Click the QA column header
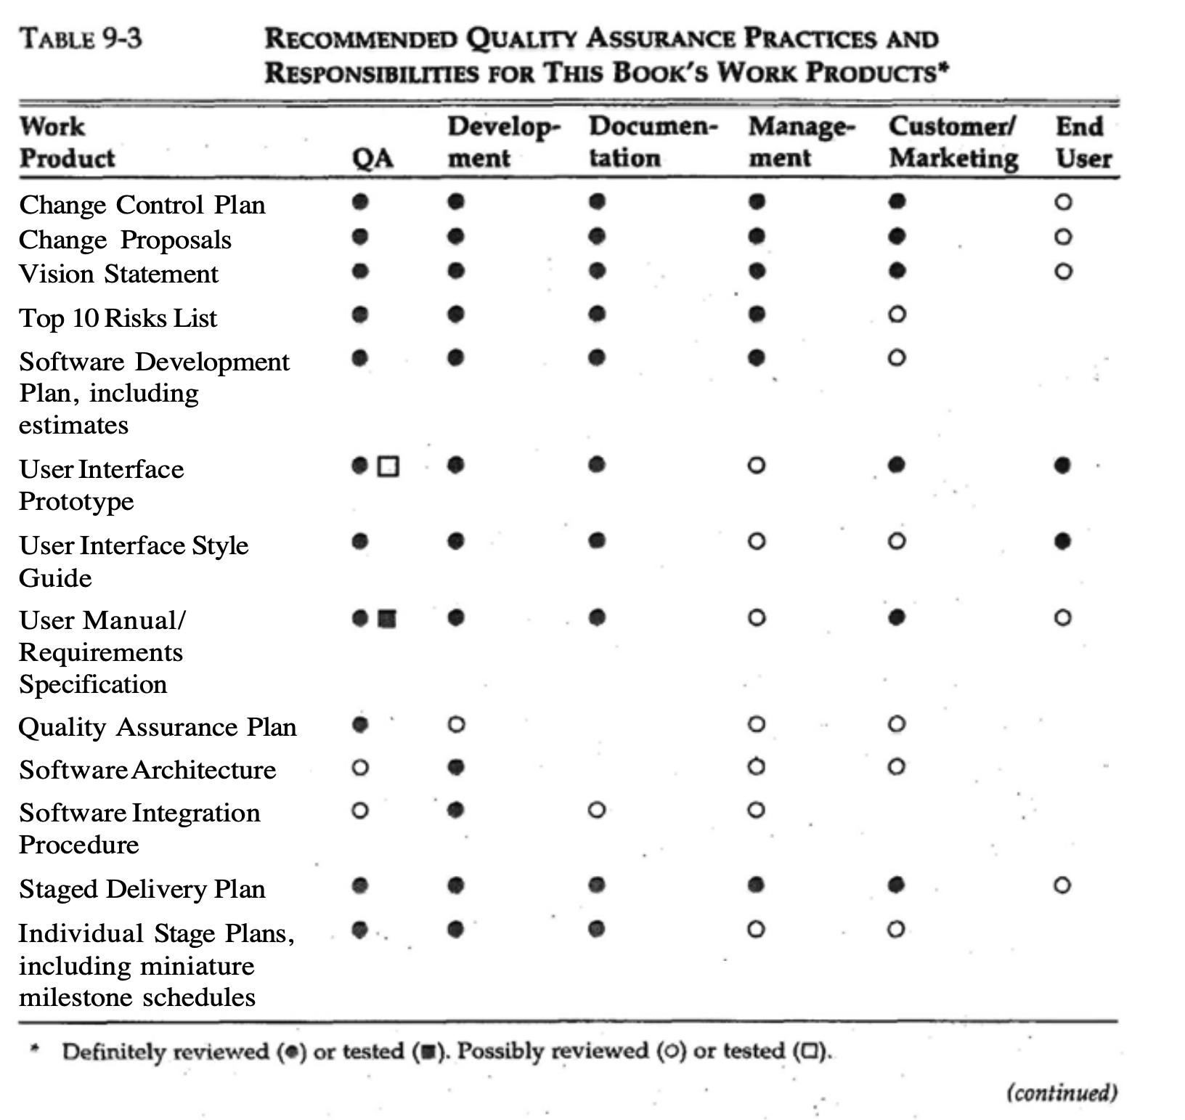pyautogui.click(x=373, y=158)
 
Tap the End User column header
pyautogui.click(x=1083, y=142)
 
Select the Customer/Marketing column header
pyautogui.click(x=953, y=142)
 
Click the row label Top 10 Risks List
pyautogui.click(x=118, y=318)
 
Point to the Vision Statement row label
pyautogui.click(x=118, y=274)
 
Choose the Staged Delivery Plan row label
pyautogui.click(x=142, y=889)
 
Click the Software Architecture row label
pyautogui.click(x=147, y=769)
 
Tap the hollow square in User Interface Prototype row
pyautogui.click(x=389, y=466)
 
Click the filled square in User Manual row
pyautogui.click(x=388, y=619)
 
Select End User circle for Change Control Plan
pyautogui.click(x=1063, y=202)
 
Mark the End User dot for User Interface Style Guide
pyautogui.click(x=1063, y=541)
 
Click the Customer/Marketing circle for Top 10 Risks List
pyautogui.click(x=897, y=315)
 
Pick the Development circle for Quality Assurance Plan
pyautogui.click(x=455, y=724)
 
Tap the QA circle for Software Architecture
pyautogui.click(x=359, y=767)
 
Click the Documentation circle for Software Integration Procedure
pyautogui.click(x=596, y=809)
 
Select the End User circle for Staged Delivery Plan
pyautogui.click(x=1062, y=885)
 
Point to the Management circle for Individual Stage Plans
pyautogui.click(x=756, y=929)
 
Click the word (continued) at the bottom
pyautogui.click(x=1061, y=1092)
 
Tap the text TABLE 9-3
pyautogui.click(x=81, y=38)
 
